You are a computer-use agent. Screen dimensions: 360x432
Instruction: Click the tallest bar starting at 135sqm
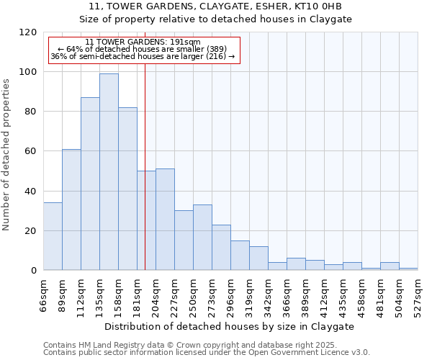[109, 172]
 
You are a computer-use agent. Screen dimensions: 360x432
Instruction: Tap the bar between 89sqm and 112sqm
[71, 210]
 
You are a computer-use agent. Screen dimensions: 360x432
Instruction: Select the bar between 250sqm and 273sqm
[202, 238]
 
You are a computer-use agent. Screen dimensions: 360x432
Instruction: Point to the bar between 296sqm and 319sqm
[240, 256]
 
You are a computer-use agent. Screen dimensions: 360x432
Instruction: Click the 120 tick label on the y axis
[28, 32]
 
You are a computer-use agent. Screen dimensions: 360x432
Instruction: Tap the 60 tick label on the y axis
[31, 151]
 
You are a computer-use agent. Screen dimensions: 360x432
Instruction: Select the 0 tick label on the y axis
[34, 271]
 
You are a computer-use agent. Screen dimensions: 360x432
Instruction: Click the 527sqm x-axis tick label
[418, 295]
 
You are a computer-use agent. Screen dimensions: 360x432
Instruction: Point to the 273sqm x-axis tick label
[212, 295]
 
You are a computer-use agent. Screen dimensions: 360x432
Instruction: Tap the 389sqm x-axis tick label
[306, 295]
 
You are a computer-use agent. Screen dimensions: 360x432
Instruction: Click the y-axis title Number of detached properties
[7, 155]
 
